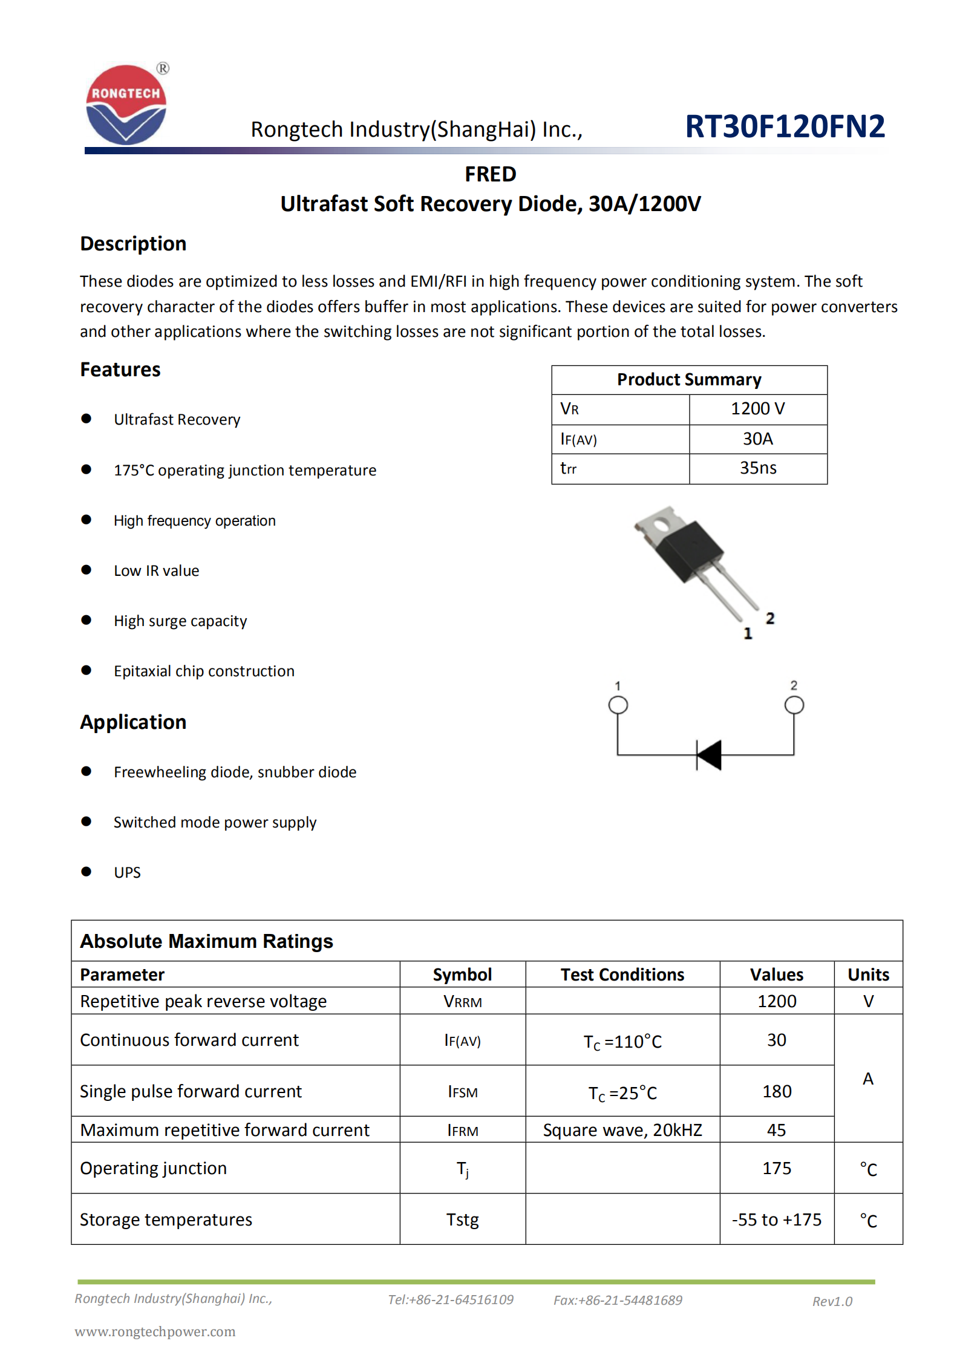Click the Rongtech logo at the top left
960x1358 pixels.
(126, 105)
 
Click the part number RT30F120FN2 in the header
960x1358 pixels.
(785, 126)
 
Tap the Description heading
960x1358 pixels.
(133, 244)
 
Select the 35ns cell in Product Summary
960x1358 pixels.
(757, 468)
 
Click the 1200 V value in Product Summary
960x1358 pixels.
(757, 409)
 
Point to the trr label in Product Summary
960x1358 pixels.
(568, 469)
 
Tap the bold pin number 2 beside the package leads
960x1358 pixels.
(769, 618)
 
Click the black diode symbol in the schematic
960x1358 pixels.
(710, 755)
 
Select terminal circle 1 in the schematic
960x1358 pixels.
(618, 705)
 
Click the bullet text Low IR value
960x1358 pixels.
(156, 571)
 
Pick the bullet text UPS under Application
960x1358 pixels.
(127, 872)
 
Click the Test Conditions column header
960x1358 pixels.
(622, 974)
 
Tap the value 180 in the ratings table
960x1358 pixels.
(776, 1091)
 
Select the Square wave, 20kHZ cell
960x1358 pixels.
(622, 1130)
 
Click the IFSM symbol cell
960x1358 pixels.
(462, 1092)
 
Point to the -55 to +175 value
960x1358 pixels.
(776, 1219)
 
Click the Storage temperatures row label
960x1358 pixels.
(166, 1219)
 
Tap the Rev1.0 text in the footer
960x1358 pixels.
(832, 1301)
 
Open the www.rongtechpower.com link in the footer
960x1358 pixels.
(155, 1331)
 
